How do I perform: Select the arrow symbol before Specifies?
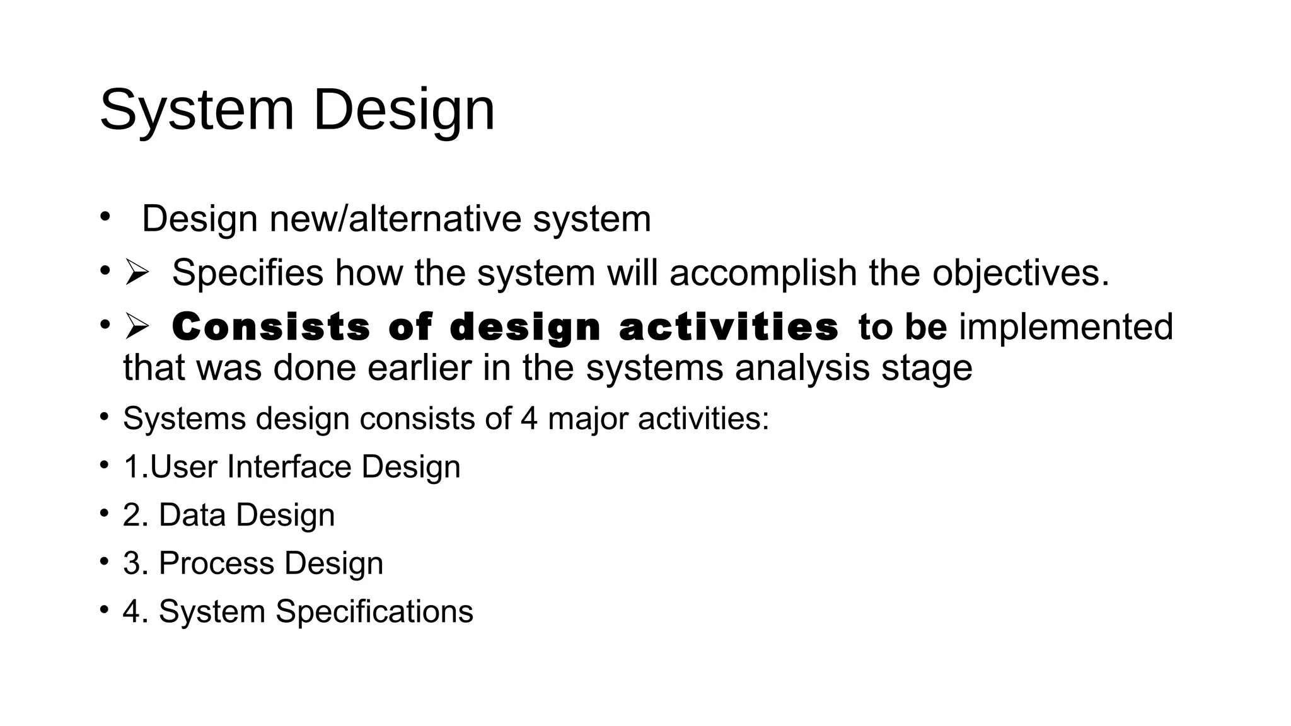click(x=136, y=273)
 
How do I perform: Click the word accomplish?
click(x=762, y=274)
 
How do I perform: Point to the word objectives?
click(x=1020, y=274)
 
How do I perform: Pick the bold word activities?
click(x=729, y=328)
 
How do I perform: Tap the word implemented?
click(x=1066, y=328)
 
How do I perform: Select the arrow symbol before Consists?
click(x=136, y=326)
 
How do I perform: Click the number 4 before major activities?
click(x=529, y=418)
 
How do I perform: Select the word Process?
click(x=217, y=563)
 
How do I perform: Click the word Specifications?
click(x=374, y=612)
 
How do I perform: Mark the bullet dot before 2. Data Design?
click(x=105, y=513)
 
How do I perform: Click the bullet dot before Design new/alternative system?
click(x=105, y=217)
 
